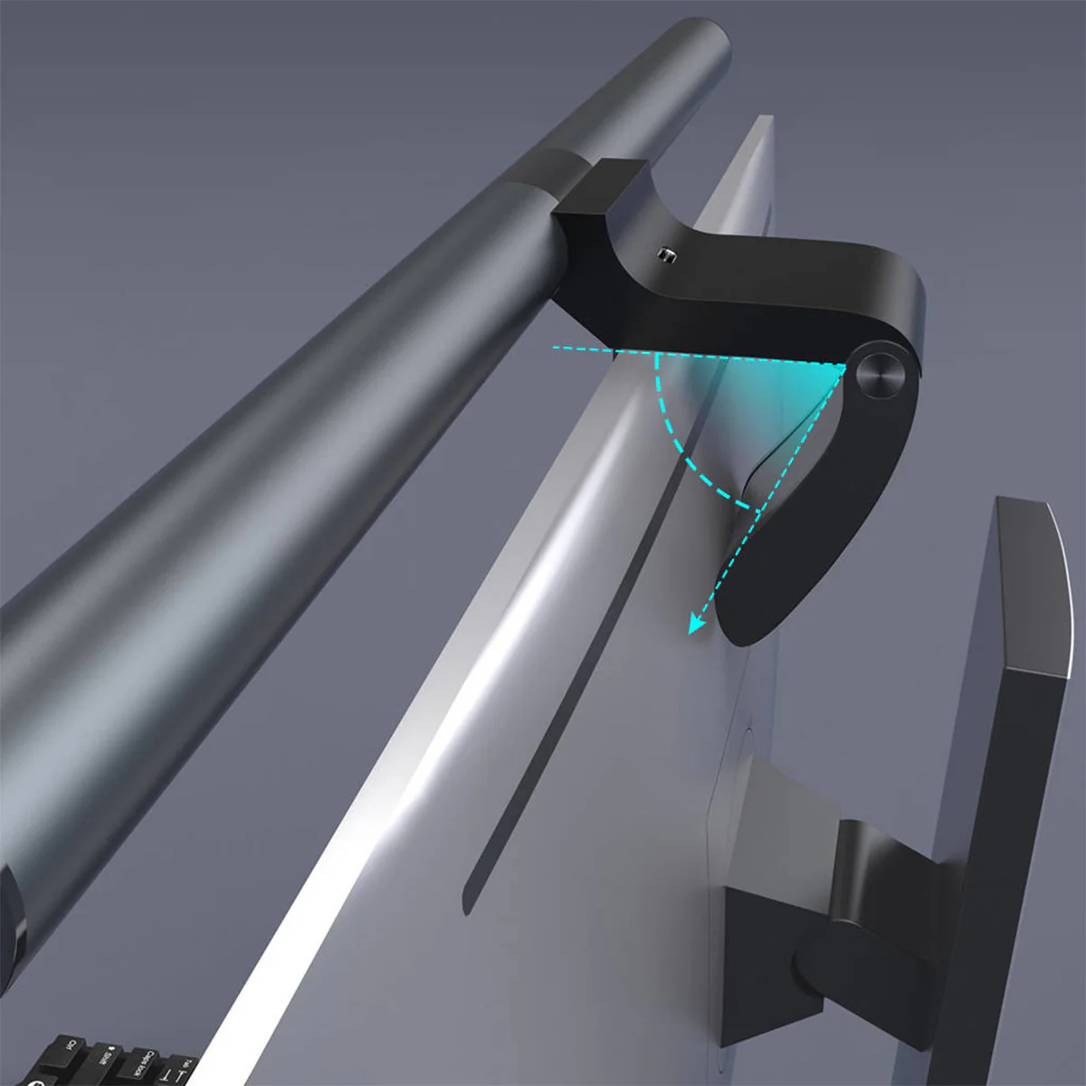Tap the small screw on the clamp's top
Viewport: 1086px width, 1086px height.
pyautogui.click(x=667, y=254)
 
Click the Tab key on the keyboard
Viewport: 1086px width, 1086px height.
pyautogui.click(x=184, y=1068)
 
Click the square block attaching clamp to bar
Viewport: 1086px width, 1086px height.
pyautogui.click(x=597, y=195)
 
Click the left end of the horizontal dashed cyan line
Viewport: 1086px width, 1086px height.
pyautogui.click(x=554, y=347)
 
